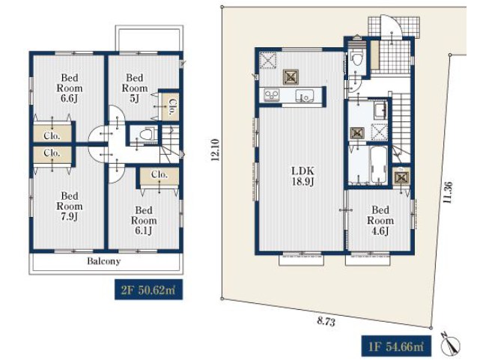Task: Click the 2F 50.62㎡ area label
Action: (148, 290)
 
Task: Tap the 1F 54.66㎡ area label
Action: (396, 346)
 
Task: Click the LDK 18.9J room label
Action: (303, 176)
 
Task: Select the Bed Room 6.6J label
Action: (70, 88)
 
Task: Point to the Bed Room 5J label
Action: (134, 88)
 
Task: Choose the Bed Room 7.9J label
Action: (70, 206)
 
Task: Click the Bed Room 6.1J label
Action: (144, 220)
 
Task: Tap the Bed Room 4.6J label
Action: (380, 220)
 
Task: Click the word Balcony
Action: (103, 261)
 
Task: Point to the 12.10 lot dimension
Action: (215, 150)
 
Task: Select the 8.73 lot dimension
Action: (326, 322)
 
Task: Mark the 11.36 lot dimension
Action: (448, 192)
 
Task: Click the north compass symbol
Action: (450, 344)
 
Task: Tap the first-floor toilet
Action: (356, 58)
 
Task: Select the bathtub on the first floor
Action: (378, 165)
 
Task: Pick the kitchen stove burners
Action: (272, 95)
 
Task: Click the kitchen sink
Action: (305, 95)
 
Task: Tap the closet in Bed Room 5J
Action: (170, 107)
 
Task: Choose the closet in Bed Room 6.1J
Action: (160, 177)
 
